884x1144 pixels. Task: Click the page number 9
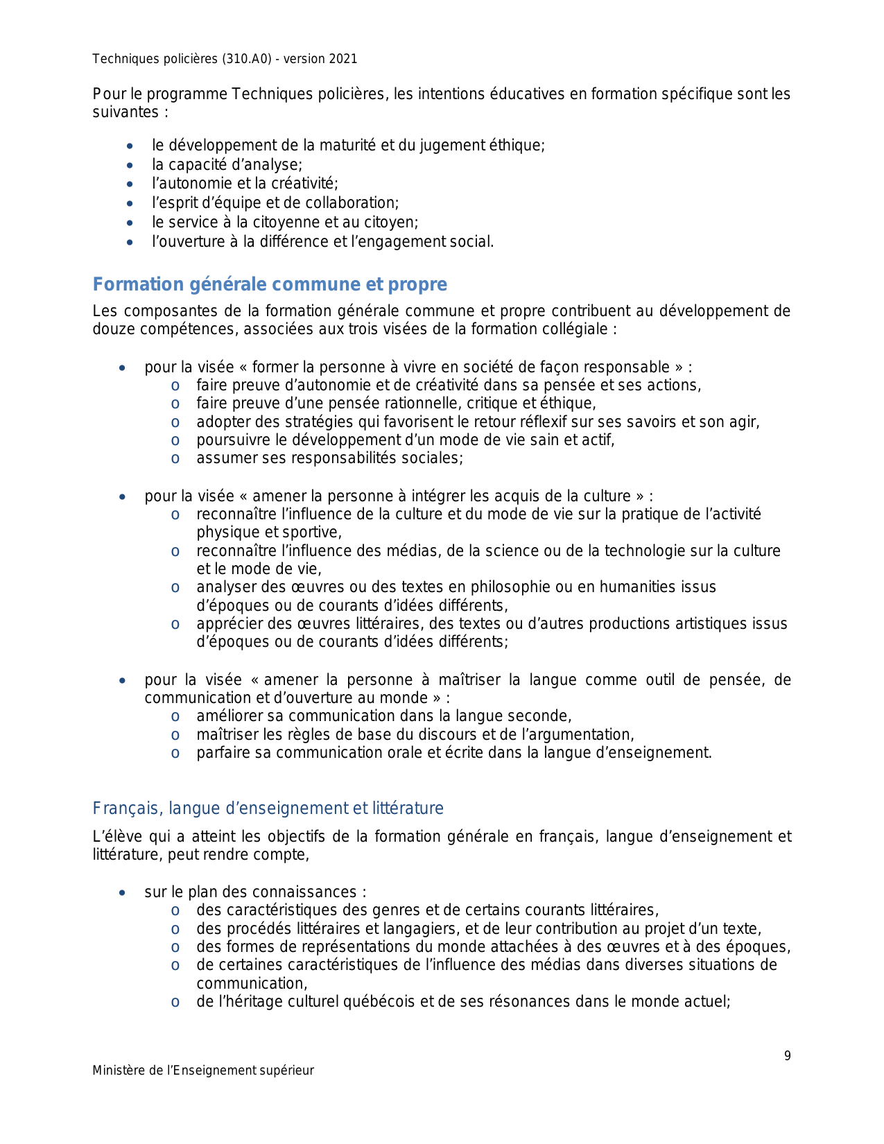pyautogui.click(x=787, y=1056)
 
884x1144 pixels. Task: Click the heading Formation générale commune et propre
pyautogui.click(x=270, y=284)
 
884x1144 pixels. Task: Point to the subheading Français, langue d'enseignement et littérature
pyautogui.click(x=268, y=808)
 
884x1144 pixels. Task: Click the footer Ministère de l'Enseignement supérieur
pyautogui.click(x=203, y=1071)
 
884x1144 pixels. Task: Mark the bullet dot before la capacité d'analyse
pyautogui.click(x=130, y=165)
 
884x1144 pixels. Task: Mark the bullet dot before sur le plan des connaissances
pyautogui.click(x=123, y=892)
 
